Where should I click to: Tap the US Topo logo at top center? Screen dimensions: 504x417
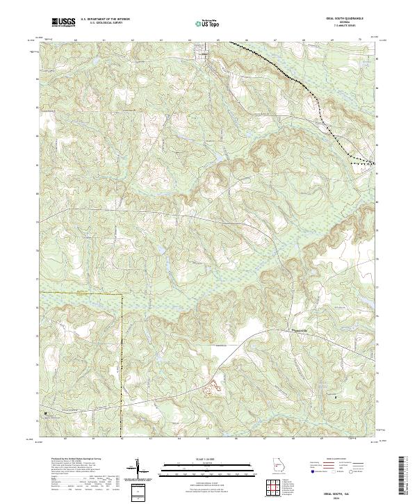pos(209,23)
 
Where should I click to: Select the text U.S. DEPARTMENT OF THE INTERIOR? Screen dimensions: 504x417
pos(105,19)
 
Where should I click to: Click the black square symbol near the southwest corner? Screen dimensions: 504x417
pos(47,413)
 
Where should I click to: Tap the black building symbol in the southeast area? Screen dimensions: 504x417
pos(336,396)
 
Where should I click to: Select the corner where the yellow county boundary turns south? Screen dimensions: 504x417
pos(122,294)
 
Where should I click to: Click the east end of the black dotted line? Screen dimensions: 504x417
pos(375,163)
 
